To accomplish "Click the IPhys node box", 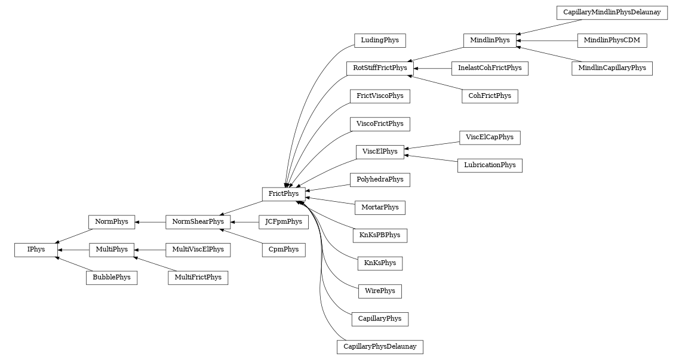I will pyautogui.click(x=36, y=250).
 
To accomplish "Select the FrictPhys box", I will pyautogui.click(x=284, y=194).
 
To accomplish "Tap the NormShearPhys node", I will pyautogui.click(x=198, y=222).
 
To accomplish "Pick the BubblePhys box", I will pyautogui.click(x=112, y=278).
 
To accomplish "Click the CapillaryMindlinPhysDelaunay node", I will pyautogui.click(x=612, y=13).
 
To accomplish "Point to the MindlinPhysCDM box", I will pyautogui.click(x=612, y=41).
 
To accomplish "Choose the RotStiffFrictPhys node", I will pyautogui.click(x=380, y=68).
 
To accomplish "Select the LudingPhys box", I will pyautogui.click(x=380, y=41).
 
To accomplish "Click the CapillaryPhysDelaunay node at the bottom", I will pyautogui.click(x=380, y=347).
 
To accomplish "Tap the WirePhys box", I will pyautogui.click(x=380, y=291).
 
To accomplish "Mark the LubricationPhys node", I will pyautogui.click(x=490, y=165).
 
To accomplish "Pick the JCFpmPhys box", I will pyautogui.click(x=284, y=222).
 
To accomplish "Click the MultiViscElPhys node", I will pyautogui.click(x=198, y=250).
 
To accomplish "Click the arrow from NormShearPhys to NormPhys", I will pyautogui.click(x=150, y=222).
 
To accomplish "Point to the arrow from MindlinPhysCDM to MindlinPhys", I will pyautogui.click(x=546, y=41).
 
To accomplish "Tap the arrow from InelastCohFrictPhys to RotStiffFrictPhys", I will pyautogui.click(x=432, y=69).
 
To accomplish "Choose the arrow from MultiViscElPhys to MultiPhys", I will pyautogui.click(x=149, y=250).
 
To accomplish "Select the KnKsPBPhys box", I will pyautogui.click(x=380, y=235).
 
